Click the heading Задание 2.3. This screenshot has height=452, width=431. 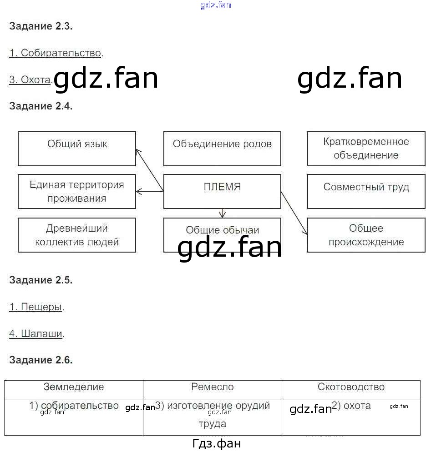41,26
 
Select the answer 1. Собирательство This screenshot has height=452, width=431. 55,53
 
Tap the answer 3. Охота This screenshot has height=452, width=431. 30,80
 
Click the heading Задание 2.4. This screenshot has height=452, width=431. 41,106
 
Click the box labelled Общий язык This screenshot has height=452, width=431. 77,149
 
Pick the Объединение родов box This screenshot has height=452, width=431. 222,149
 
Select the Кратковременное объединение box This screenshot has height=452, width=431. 366,149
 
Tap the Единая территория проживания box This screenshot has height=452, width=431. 77,191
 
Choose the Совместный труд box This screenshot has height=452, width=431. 366,191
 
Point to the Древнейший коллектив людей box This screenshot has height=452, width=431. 77,235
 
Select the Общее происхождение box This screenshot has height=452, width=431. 366,235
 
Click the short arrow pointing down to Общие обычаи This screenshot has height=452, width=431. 222,213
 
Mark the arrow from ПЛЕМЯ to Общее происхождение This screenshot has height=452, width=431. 294,213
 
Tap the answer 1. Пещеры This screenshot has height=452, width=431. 35,307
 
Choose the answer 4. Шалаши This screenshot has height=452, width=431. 36,334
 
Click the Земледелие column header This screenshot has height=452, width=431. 74,387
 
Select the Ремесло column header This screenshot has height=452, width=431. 213,387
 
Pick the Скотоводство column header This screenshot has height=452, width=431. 351,387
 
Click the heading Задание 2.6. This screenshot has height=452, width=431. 41,360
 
